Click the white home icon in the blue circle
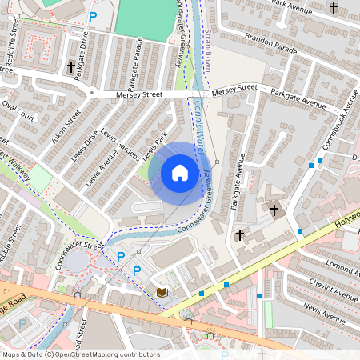point(180,172)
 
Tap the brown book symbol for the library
point(162,294)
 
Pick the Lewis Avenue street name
point(102,159)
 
